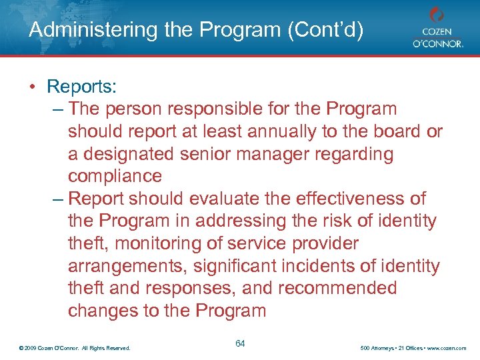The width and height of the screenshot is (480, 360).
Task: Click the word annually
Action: pyautogui.click(x=286, y=131)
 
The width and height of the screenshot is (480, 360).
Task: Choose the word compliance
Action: pyautogui.click(x=115, y=177)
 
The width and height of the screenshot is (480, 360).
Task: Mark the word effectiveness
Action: pyautogui.click(x=351, y=199)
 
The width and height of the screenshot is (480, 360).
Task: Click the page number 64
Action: pyautogui.click(x=241, y=344)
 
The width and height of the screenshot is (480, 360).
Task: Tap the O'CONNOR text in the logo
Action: pyautogui.click(x=437, y=45)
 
